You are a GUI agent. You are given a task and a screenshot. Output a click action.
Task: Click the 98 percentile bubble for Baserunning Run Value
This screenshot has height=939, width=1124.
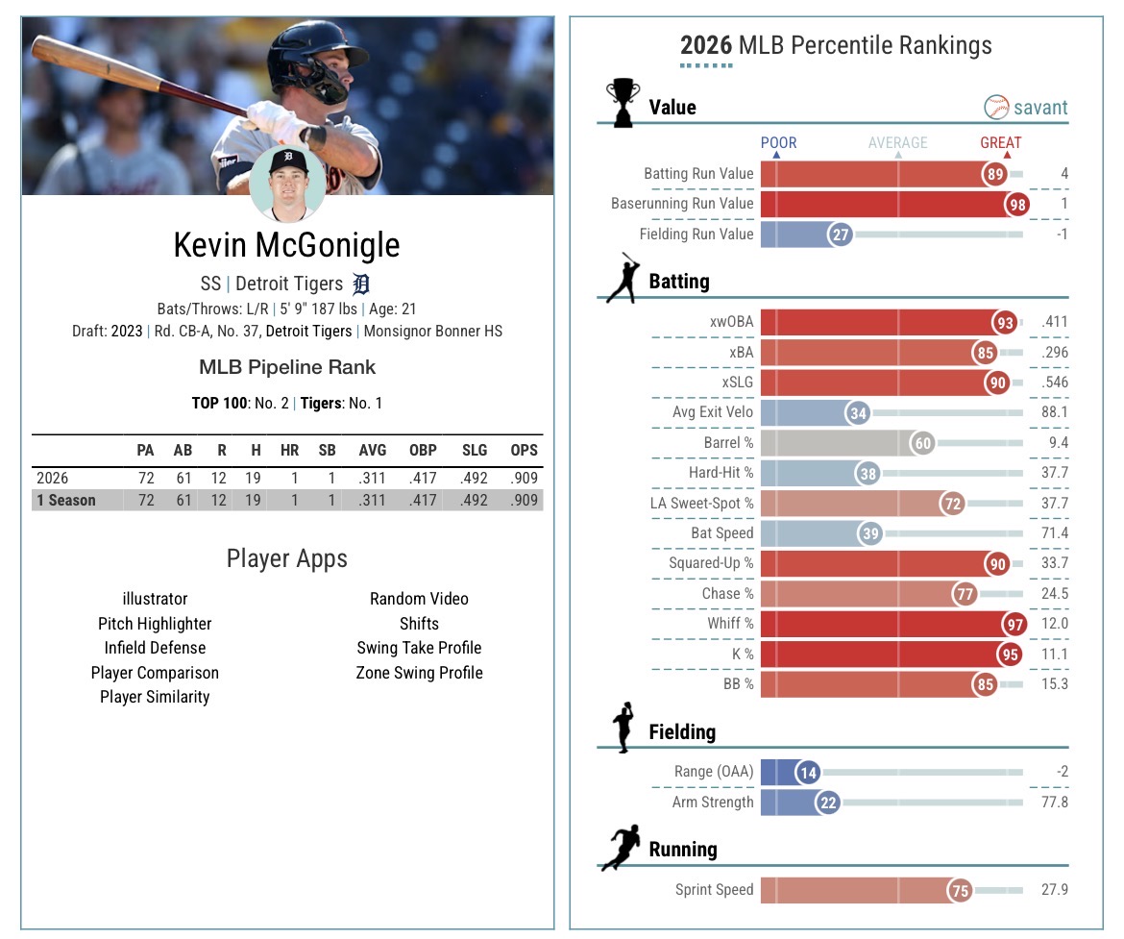(x=1017, y=204)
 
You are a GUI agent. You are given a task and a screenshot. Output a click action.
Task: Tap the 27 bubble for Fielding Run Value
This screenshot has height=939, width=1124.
(x=841, y=234)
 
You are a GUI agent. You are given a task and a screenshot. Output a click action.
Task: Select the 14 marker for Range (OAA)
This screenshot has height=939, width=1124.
(x=808, y=772)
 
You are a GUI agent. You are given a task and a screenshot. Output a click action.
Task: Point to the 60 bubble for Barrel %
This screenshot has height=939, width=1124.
(x=922, y=443)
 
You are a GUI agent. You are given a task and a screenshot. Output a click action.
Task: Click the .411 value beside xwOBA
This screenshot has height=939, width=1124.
(x=1054, y=323)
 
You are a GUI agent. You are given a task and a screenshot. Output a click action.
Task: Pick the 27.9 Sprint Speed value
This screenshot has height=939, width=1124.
(x=1054, y=890)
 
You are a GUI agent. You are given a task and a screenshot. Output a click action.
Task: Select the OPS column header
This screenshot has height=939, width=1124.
(x=524, y=450)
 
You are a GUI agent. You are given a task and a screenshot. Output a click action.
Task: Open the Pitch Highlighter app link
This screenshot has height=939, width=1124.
(x=155, y=624)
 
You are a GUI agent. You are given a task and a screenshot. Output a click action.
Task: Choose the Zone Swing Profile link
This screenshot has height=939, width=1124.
(x=419, y=673)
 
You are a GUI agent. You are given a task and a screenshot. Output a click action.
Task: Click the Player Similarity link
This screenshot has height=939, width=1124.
(x=155, y=697)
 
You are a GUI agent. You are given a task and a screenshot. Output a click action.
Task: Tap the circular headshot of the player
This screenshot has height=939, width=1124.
(x=287, y=183)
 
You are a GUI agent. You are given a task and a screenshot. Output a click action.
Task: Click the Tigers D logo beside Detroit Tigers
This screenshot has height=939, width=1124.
(x=361, y=284)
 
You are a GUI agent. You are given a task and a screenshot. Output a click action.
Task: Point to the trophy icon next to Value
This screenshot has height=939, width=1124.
(x=623, y=102)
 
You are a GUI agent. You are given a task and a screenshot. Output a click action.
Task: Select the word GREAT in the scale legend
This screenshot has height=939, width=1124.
(x=1000, y=142)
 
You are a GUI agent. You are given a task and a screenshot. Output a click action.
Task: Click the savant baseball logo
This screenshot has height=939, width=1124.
(x=996, y=107)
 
